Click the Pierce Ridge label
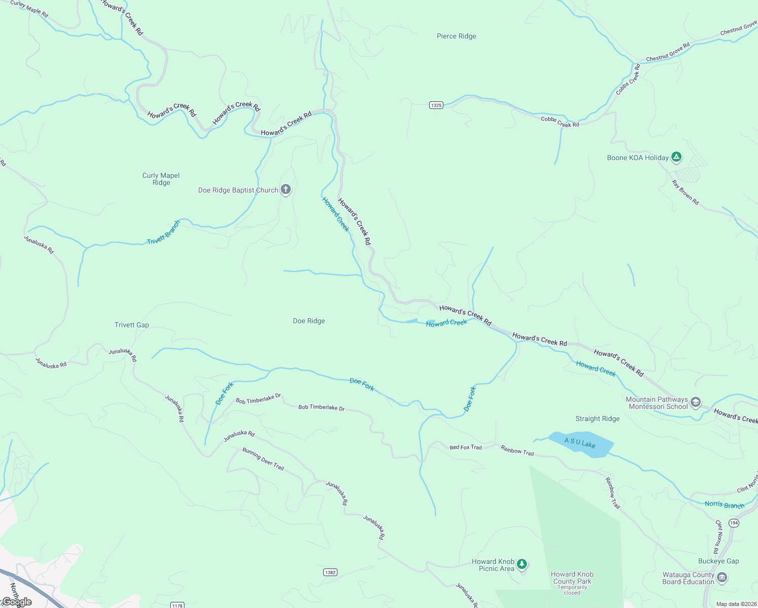pos(456,36)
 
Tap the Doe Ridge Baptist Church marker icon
pos(286,190)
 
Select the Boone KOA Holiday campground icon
pos(676,157)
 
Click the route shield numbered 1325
pos(436,105)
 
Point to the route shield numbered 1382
pos(330,573)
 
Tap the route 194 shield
pos(734,522)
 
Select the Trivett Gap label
pos(132,325)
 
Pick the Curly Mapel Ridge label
pos(161,179)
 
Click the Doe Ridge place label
pos(309,321)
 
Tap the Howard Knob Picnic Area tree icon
pos(522,563)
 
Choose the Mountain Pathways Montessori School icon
pos(696,403)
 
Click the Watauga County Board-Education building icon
pos(722,578)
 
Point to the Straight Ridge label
pos(597,419)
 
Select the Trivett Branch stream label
pos(164,233)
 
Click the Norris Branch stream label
pos(725,505)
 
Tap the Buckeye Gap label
pos(718,561)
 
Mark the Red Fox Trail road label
pos(466,447)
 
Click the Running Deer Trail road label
pos(263,459)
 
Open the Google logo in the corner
pos(17,602)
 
